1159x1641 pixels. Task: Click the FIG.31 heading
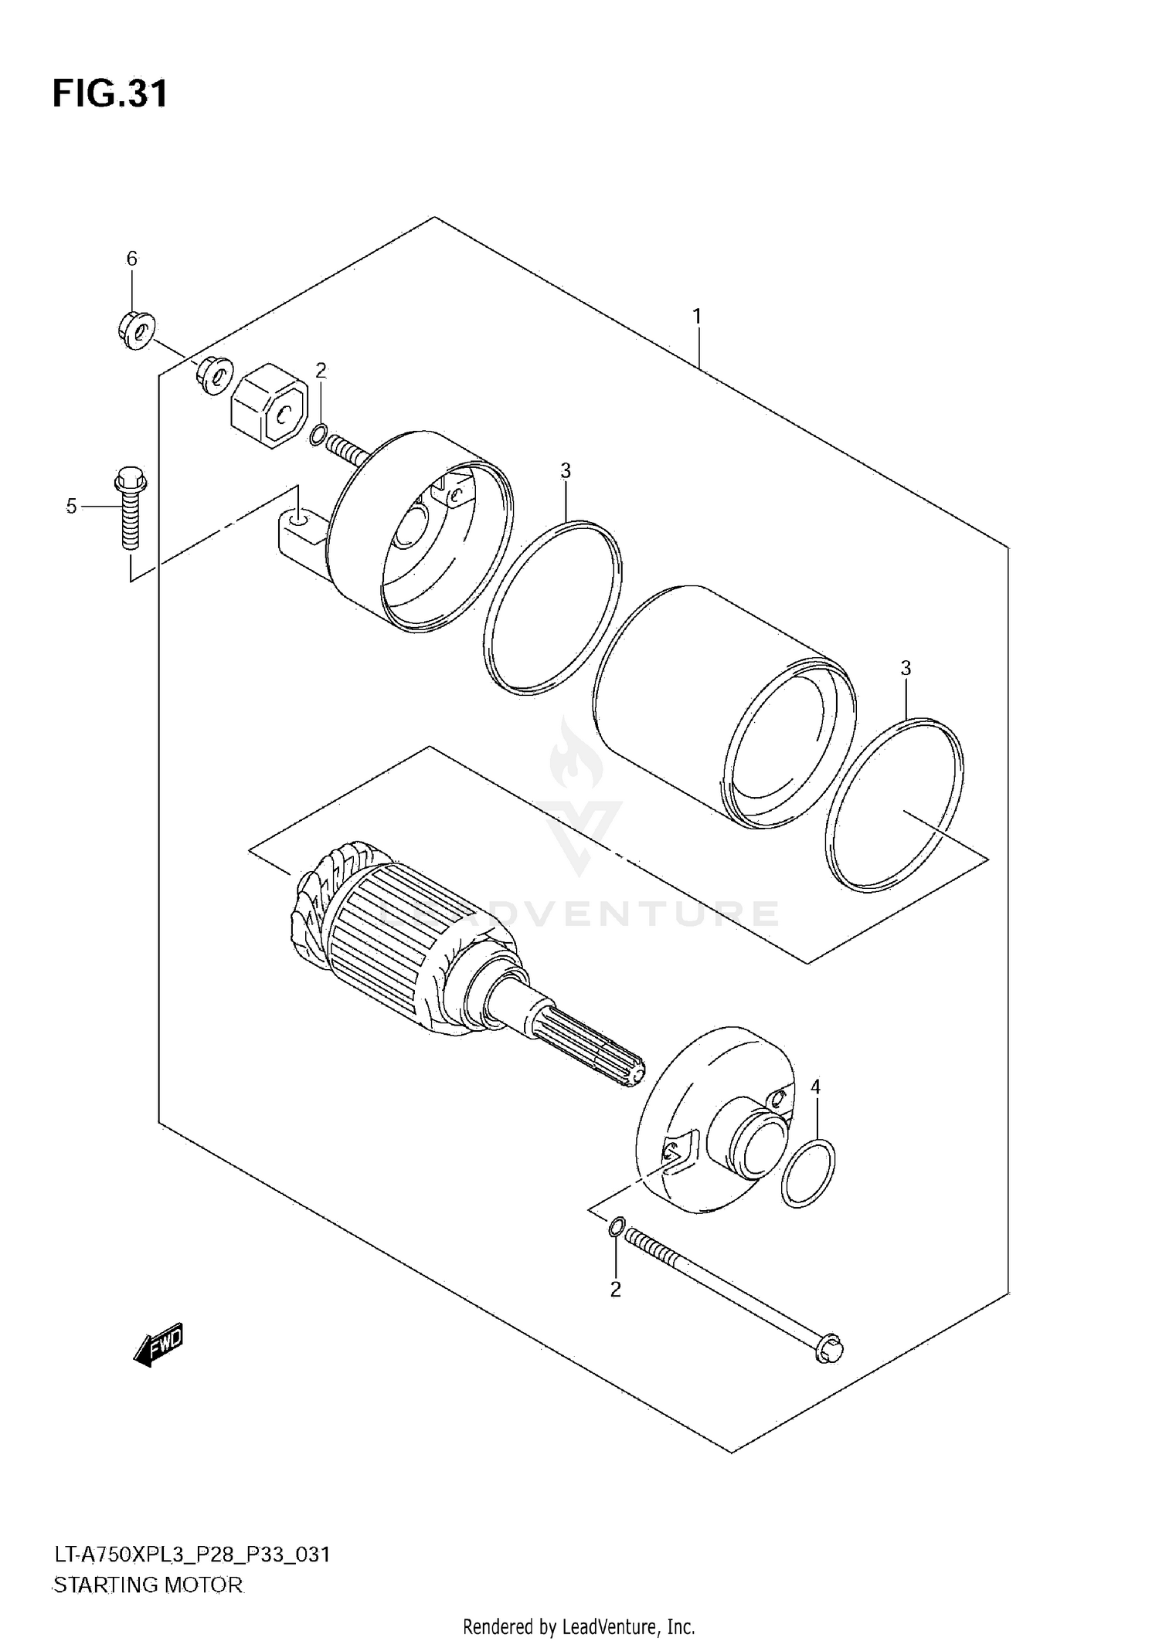pos(110,94)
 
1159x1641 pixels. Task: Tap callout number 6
pos(131,259)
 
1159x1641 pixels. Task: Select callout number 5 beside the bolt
pos(71,507)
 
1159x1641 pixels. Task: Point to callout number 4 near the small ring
pos(815,1087)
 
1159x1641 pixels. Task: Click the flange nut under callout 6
pos(135,332)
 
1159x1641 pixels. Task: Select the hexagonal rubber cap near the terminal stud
pos(270,405)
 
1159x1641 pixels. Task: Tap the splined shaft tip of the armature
pos(626,1070)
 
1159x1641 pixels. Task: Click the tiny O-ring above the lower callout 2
pos(615,1227)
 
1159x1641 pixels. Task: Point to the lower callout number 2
pos(615,1289)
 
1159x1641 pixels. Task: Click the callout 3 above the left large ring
pos(566,470)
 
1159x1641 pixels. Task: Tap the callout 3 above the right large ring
pos(906,668)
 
